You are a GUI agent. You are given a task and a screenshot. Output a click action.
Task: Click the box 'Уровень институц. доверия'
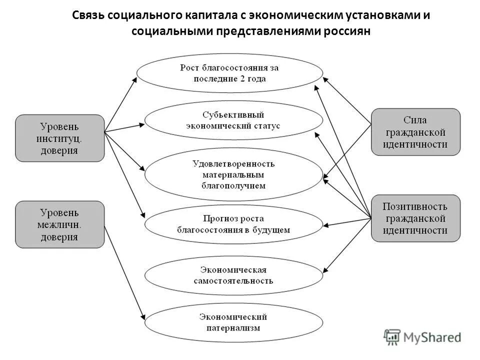pos(60,138)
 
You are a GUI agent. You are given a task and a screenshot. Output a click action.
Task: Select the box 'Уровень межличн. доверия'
pos(60,224)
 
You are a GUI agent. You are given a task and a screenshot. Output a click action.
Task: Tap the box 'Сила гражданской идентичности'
pos(415,132)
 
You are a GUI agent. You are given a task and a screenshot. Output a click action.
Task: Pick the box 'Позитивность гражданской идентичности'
pos(415,218)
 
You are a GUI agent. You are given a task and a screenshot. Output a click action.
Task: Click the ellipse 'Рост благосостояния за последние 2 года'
pos(229,73)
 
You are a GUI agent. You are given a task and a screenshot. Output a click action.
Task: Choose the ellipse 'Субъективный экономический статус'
pos(233,120)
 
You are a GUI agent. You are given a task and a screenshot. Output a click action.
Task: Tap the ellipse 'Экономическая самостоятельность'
pos(233,275)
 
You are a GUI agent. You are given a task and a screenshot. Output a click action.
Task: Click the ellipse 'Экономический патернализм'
pos(233,322)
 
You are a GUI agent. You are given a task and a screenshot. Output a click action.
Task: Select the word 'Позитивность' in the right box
pos(415,206)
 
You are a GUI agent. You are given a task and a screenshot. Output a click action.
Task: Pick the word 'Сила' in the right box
pos(415,120)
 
